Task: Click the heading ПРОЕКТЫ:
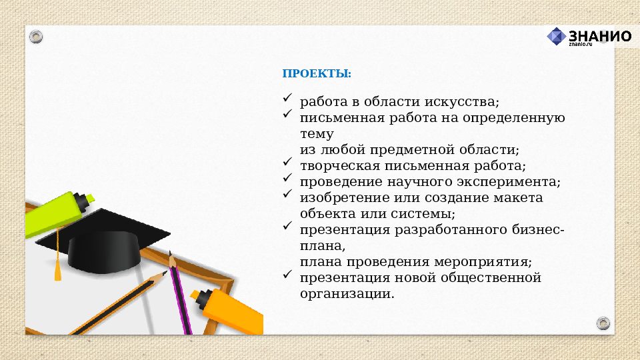point(317,73)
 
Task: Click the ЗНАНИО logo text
point(599,35)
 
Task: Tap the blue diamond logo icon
point(557,37)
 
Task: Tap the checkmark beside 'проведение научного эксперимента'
point(287,178)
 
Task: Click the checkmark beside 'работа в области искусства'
point(287,98)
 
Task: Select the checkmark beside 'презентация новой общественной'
point(287,274)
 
